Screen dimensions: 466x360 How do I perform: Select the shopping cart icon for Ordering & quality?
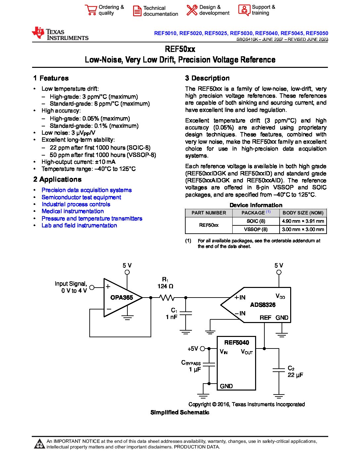(90, 10)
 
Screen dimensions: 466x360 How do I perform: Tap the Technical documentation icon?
(137, 11)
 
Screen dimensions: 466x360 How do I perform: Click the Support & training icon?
(244, 10)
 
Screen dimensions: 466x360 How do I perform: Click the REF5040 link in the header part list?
(266, 33)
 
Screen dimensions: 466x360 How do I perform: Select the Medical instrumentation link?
(72, 211)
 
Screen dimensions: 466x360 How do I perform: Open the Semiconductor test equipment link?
(81, 197)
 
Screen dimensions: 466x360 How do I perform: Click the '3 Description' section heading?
(207, 78)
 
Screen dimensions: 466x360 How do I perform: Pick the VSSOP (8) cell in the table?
(255, 229)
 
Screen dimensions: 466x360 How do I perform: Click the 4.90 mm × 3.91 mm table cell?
(303, 221)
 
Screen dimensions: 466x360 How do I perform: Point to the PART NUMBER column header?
(208, 213)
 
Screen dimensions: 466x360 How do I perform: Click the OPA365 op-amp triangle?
(121, 298)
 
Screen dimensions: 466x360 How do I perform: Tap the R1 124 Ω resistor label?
(165, 283)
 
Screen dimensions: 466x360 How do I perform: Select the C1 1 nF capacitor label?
(172, 313)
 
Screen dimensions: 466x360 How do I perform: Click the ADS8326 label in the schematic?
(262, 305)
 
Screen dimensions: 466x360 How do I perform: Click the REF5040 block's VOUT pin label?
(247, 352)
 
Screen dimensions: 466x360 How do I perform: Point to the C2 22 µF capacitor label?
(295, 371)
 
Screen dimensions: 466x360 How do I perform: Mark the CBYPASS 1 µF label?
(191, 366)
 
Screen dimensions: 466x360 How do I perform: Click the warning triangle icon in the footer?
(39, 444)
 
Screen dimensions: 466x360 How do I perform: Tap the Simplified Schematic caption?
(180, 412)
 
